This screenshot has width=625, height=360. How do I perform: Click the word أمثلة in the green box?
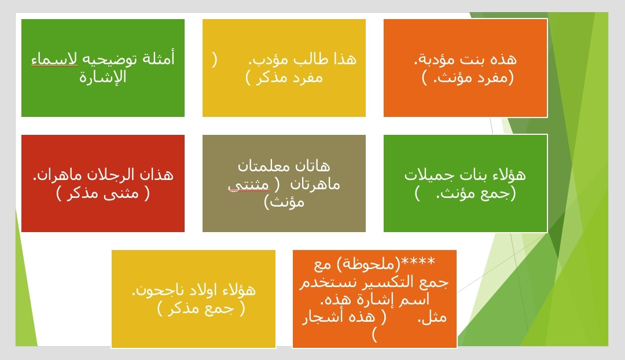pyautogui.click(x=158, y=58)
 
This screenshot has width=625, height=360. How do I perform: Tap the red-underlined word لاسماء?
pyautogui.click(x=54, y=60)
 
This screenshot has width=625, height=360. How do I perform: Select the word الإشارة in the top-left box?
pyautogui.click(x=103, y=76)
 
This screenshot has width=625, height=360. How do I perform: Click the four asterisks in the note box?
pyautogui.click(x=418, y=262)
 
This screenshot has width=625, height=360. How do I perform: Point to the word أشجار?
pyautogui.click(x=320, y=317)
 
